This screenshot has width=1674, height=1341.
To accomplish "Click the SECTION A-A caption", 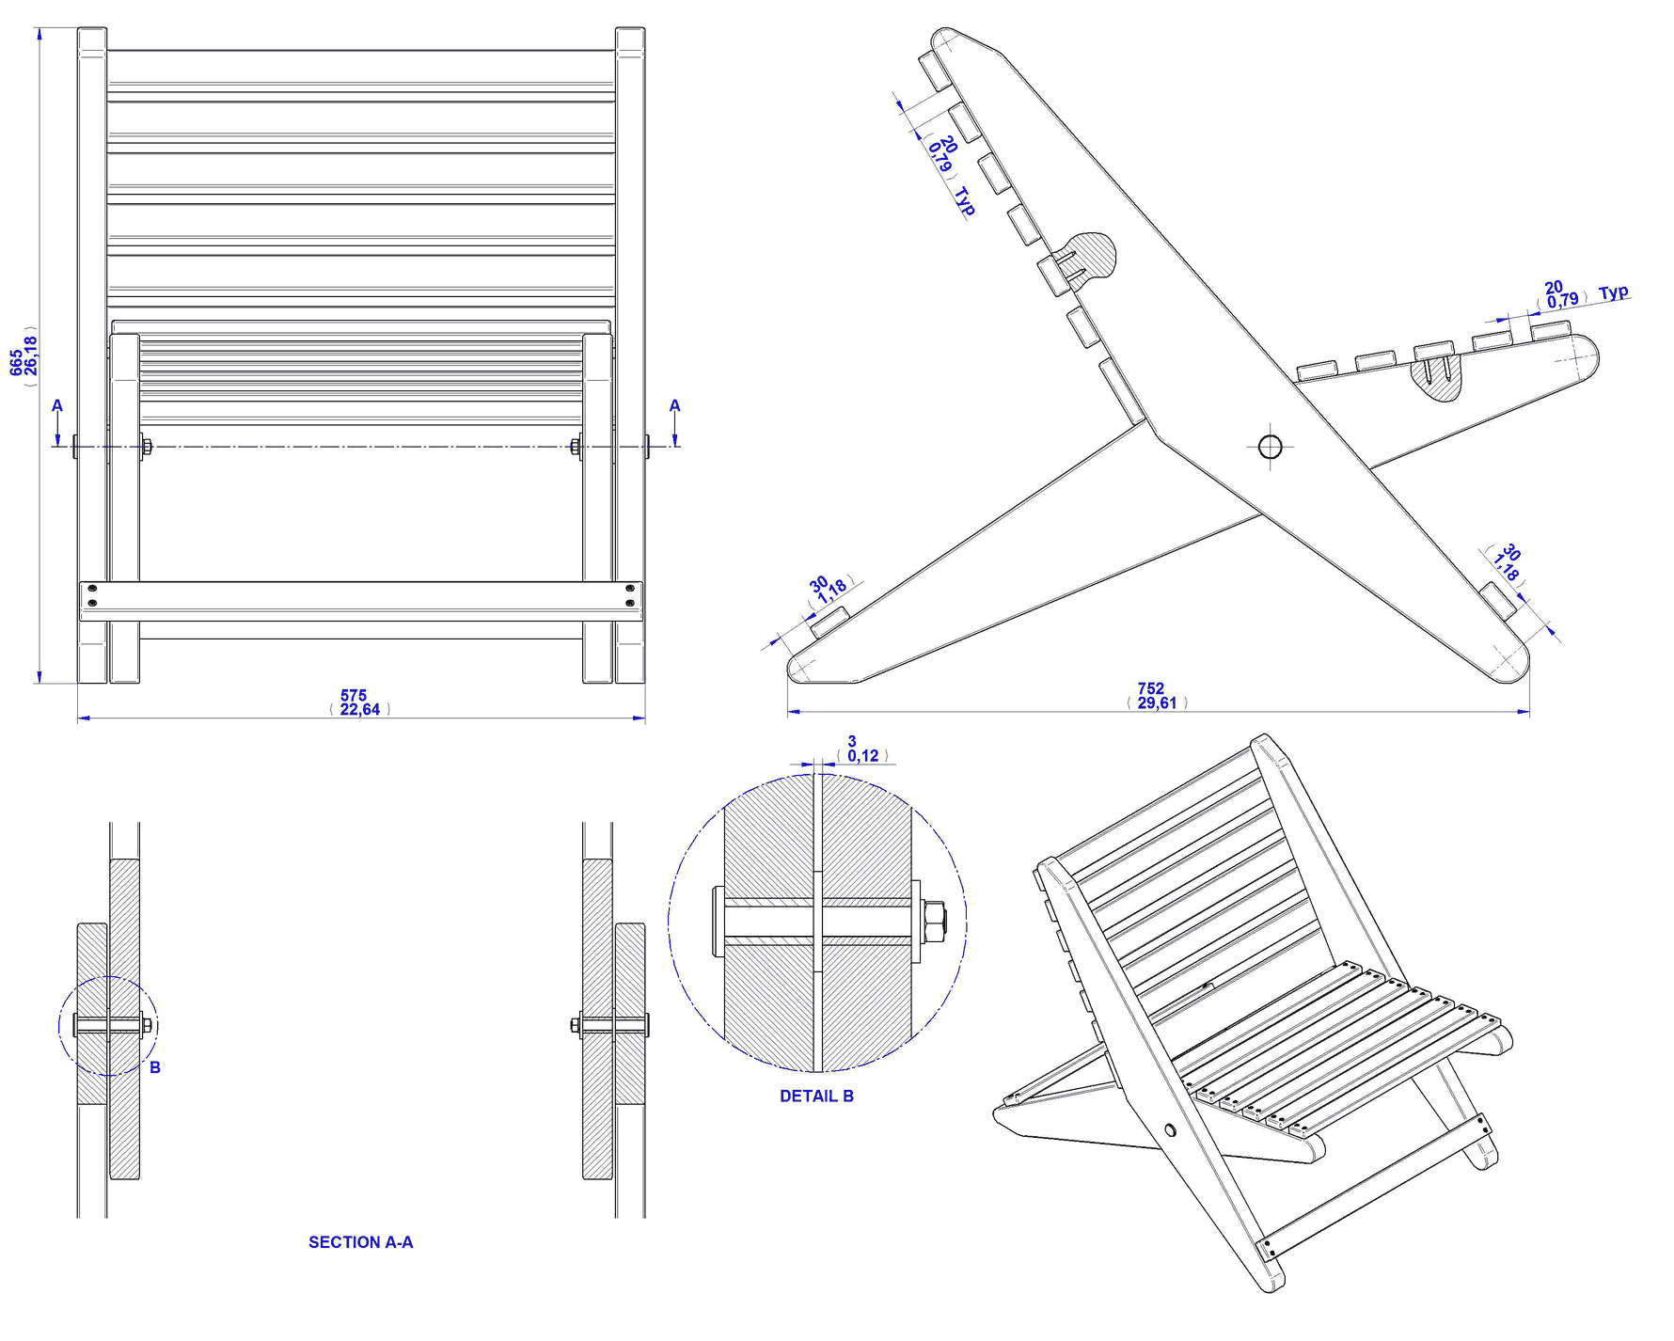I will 360,1242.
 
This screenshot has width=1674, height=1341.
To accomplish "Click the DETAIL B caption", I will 816,1096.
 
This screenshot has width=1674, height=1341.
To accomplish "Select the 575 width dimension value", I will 354,696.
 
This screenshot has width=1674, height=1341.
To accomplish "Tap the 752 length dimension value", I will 1150,688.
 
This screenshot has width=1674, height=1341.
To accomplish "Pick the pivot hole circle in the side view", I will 1270,446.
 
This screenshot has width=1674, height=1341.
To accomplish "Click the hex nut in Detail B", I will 934,921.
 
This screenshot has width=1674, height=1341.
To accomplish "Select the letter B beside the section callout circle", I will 155,1067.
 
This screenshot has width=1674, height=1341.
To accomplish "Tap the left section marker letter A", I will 57,406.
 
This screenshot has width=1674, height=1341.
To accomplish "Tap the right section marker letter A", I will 674,406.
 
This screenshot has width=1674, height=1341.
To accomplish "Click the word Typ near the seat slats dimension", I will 1613,292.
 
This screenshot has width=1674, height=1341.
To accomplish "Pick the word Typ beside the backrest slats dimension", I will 965,201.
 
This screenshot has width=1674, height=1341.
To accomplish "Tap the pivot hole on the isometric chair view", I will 1170,1129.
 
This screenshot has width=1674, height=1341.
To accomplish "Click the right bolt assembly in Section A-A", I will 611,1025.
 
